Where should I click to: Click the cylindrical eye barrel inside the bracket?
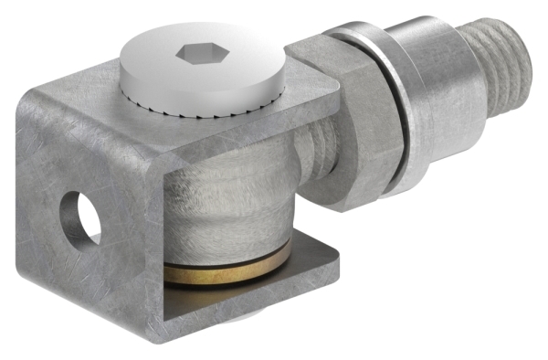pos(233,206)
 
